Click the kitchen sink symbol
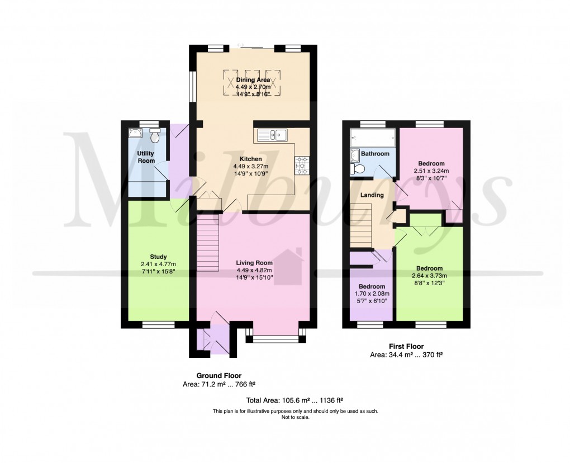pyautogui.click(x=272, y=135)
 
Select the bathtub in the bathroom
pyautogui.click(x=373, y=136)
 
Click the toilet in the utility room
pyautogui.click(x=154, y=135)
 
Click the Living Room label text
pyautogui.click(x=254, y=263)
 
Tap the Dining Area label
pyautogui.click(x=253, y=81)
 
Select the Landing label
pyautogui.click(x=372, y=195)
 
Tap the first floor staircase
pyautogui.click(x=361, y=225)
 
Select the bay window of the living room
pyautogui.click(x=277, y=338)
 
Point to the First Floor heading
pyautogui.click(x=406, y=347)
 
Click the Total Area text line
pyautogui.click(x=294, y=400)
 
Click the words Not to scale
pyautogui.click(x=296, y=417)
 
